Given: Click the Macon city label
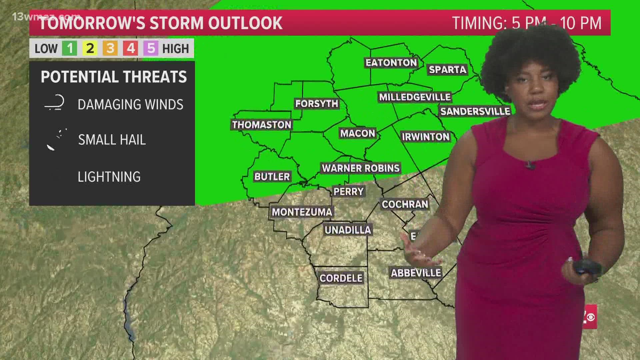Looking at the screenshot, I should point(357,133).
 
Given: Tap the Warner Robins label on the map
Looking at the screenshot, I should point(361,168).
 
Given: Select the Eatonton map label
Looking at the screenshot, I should point(391,63).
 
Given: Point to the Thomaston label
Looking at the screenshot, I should point(262,125).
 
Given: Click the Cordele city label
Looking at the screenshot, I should point(341,278).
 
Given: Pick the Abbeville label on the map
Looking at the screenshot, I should point(416,273).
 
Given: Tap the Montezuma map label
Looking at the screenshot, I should point(302,212).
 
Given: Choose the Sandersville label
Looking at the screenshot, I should point(475,111).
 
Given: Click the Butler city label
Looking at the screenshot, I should point(272,176).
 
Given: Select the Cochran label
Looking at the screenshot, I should point(405,204).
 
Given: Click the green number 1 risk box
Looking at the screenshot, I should point(70,49).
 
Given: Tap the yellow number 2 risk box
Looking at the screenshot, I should point(90,49).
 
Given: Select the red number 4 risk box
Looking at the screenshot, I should point(131,49).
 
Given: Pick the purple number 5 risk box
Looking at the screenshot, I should point(151,49).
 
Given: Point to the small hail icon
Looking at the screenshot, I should point(57,139).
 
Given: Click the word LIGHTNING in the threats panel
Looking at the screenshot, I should point(109,177).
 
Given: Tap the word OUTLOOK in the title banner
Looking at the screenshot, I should point(245,23).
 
